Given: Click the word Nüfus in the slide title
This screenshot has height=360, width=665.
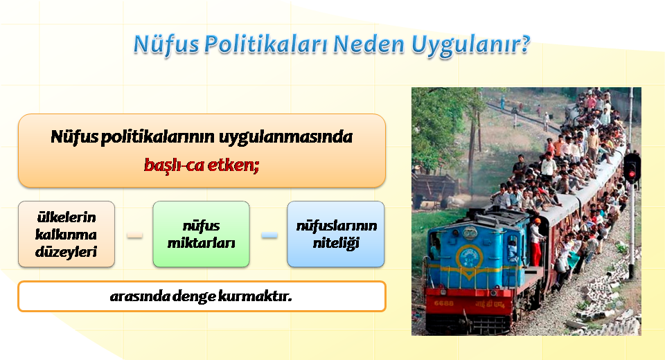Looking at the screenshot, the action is [x=166, y=44].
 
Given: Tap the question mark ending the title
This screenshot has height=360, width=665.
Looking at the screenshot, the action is [x=526, y=44].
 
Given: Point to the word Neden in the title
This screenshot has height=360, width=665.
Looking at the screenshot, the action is [x=369, y=44].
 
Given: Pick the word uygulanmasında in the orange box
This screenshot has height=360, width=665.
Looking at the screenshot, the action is [x=285, y=137].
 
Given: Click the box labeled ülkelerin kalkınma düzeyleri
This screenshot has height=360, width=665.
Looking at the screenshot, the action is [x=66, y=234].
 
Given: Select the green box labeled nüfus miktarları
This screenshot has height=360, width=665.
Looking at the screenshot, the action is [x=201, y=234].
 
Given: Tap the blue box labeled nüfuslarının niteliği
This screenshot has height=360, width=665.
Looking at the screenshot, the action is [x=336, y=234].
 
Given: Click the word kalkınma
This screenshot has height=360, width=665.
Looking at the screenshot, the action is [x=66, y=234].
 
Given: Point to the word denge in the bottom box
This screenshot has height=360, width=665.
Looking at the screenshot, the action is [x=194, y=296].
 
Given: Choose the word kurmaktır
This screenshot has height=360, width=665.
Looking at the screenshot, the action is [x=255, y=296].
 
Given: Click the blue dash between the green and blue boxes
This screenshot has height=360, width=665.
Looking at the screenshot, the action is [x=269, y=235].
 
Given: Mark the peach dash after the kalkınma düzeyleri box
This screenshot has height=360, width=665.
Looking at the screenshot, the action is [x=135, y=235].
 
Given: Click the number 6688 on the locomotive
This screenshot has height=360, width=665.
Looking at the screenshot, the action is [x=443, y=303].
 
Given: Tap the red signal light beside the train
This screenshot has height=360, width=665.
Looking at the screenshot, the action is [x=632, y=174].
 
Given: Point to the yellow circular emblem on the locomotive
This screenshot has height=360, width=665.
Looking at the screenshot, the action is [x=470, y=257].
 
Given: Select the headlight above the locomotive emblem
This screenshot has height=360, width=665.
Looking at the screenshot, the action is [x=470, y=233].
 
